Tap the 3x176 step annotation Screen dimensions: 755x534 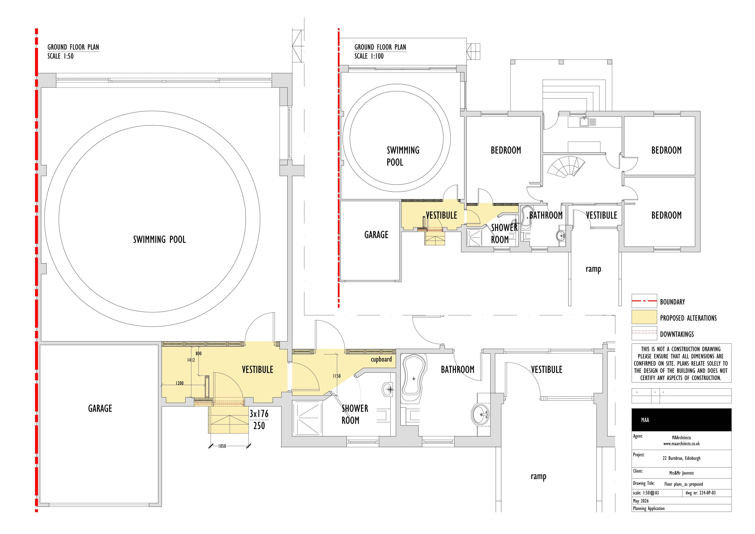tap(259, 414)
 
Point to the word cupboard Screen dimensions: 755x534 tap(381, 359)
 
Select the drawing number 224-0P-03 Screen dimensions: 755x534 tap(701, 493)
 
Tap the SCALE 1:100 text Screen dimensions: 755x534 tap(369, 56)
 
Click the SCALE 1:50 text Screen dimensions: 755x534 tap(60, 56)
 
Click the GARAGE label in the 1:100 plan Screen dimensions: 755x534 tap(376, 235)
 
